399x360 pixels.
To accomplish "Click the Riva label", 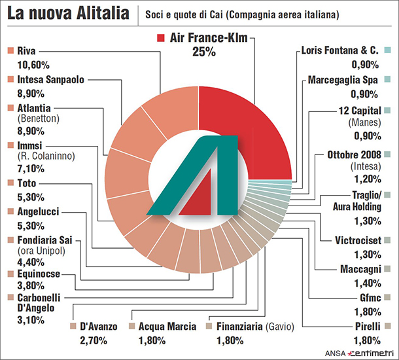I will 26,50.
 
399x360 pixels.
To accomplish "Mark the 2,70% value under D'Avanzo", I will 92,339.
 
